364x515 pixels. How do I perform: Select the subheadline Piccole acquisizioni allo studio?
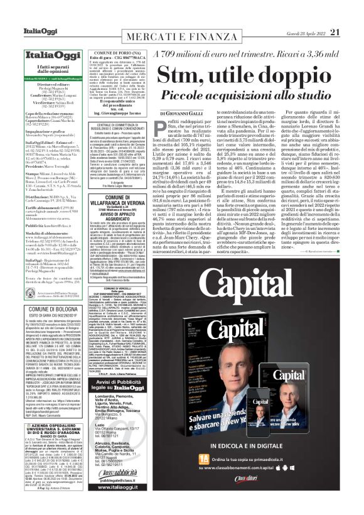(254, 95)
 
